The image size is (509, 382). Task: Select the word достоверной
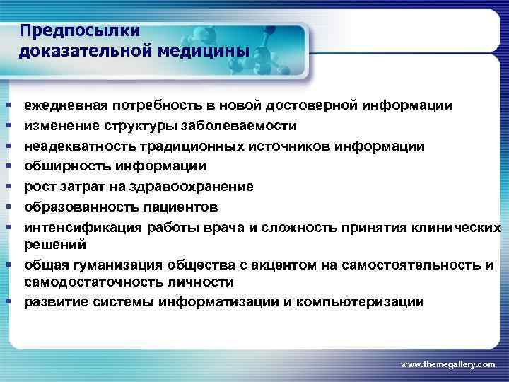pos(314,106)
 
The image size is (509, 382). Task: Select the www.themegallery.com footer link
pos(448,364)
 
